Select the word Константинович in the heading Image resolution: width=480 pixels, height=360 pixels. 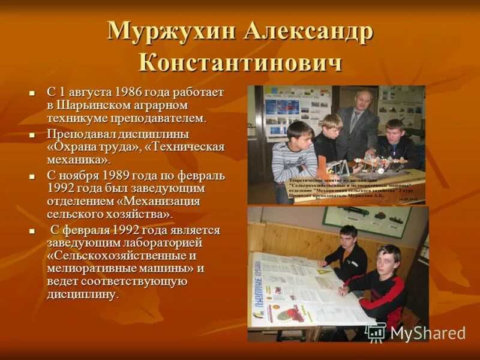(x=240, y=62)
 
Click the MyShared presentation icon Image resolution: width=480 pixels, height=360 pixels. (x=376, y=332)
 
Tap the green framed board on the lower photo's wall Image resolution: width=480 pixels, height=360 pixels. (x=365, y=221)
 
